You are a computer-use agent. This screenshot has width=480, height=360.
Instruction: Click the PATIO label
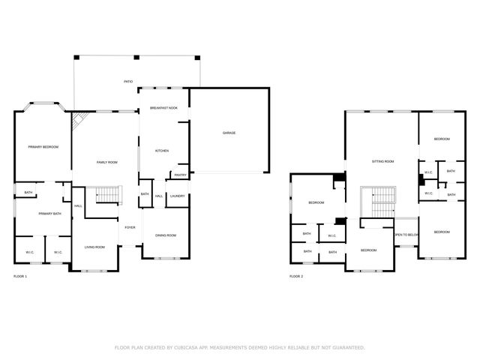pyautogui.click(x=128, y=81)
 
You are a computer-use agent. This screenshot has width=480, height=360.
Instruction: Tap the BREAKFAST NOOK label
pyautogui.click(x=163, y=108)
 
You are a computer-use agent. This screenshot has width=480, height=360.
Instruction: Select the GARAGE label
pyautogui.click(x=229, y=133)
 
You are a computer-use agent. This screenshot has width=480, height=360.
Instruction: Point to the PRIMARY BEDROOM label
pyautogui.click(x=39, y=146)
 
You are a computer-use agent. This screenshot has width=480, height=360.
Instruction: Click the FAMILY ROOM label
pyautogui.click(x=106, y=162)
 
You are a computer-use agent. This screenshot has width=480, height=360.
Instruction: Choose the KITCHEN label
pyautogui.click(x=162, y=151)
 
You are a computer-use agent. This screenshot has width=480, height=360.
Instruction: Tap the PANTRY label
pyautogui.click(x=180, y=175)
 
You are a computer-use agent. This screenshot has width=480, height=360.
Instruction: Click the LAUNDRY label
pyautogui.click(x=177, y=196)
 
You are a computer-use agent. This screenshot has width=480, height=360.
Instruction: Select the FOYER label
pyautogui.click(x=130, y=227)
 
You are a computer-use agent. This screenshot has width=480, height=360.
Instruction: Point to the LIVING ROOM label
pyautogui.click(x=94, y=247)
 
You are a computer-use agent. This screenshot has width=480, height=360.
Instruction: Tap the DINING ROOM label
pyautogui.click(x=166, y=235)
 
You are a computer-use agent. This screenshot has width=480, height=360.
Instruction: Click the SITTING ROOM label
pyautogui.click(x=382, y=161)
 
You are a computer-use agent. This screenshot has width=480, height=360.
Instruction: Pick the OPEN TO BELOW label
pyautogui.click(x=405, y=235)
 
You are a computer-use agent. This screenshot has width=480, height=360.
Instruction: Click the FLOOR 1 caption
pyautogui.click(x=20, y=276)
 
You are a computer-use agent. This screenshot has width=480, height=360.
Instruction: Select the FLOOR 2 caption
pyautogui.click(x=296, y=276)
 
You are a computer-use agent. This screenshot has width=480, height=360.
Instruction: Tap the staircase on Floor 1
pyautogui.click(x=106, y=196)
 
